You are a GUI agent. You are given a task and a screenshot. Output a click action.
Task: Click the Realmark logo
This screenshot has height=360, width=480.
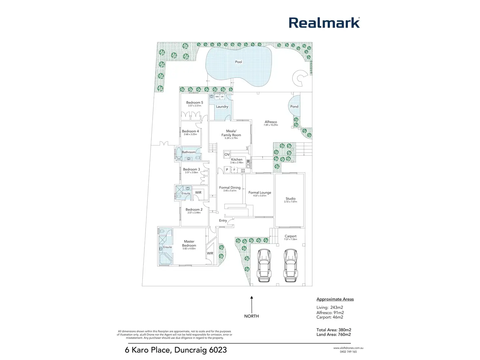coord(324,23)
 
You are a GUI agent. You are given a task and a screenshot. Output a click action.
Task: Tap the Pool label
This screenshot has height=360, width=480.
coord(239,62)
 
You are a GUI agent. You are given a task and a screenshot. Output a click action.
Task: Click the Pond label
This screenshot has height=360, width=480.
coord(294,107)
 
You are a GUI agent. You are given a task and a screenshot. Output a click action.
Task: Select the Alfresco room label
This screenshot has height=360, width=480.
coord(271,122)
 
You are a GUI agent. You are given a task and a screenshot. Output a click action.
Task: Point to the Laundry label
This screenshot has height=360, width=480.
coord(222,107)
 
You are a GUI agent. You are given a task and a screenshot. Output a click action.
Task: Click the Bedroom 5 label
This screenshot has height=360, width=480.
coord(195,103)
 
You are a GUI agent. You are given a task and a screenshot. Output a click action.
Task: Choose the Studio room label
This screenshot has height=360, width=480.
coord(290,199)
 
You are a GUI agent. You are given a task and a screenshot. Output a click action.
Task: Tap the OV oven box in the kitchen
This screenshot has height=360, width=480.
coord(227,155)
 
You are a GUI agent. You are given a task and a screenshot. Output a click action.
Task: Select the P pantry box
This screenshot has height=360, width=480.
coord(227,170)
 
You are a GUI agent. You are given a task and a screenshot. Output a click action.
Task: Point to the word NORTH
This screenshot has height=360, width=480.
coord(251,316)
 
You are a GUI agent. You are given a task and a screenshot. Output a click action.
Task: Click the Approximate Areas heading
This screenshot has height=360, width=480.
coord(335,299)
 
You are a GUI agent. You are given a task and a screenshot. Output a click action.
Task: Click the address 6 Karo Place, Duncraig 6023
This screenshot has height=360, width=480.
coord(176,350)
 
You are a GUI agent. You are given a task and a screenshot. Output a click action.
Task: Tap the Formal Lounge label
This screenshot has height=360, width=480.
coord(260,193)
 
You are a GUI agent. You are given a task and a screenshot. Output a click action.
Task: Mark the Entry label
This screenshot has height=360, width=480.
coord(223,221)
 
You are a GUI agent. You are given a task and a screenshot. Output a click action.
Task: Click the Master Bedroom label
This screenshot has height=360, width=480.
coord(189,244)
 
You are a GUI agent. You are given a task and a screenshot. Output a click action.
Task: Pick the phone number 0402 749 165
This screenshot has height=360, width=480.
coord(348,352)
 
